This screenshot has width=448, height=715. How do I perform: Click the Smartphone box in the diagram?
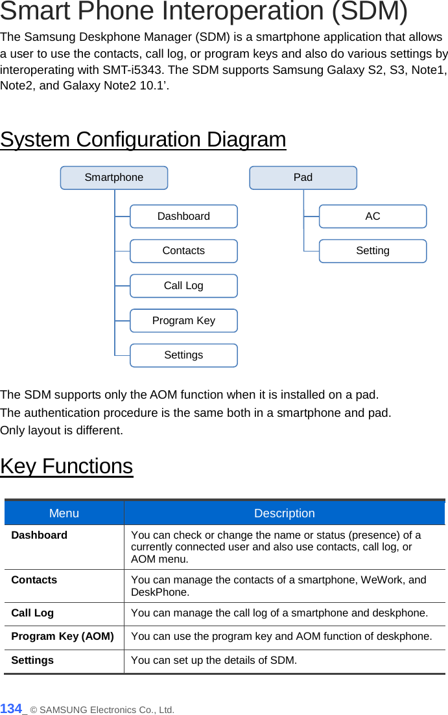click(114, 178)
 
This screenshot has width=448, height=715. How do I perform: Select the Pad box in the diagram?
click(303, 178)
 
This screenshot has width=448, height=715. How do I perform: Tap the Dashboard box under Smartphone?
click(183, 217)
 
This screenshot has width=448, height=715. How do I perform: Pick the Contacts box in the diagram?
click(183, 251)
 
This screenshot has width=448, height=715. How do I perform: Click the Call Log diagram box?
click(183, 286)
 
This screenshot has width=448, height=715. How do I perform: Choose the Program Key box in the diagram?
click(183, 321)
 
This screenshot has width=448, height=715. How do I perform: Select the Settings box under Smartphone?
click(183, 355)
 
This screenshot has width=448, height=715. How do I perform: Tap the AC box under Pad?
click(373, 217)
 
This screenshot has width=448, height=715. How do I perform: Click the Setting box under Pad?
click(373, 251)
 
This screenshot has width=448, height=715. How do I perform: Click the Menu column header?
click(64, 513)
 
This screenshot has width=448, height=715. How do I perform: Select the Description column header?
click(284, 513)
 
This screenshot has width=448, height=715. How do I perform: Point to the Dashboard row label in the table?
click(40, 535)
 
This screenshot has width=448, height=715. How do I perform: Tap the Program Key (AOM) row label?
click(62, 637)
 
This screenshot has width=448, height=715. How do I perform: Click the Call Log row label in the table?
click(32, 613)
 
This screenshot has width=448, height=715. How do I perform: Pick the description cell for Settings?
click(214, 661)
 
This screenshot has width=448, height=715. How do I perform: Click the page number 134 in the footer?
click(11, 709)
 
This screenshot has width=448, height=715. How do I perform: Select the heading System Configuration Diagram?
click(143, 139)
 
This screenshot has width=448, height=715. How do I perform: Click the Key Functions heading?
click(67, 466)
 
